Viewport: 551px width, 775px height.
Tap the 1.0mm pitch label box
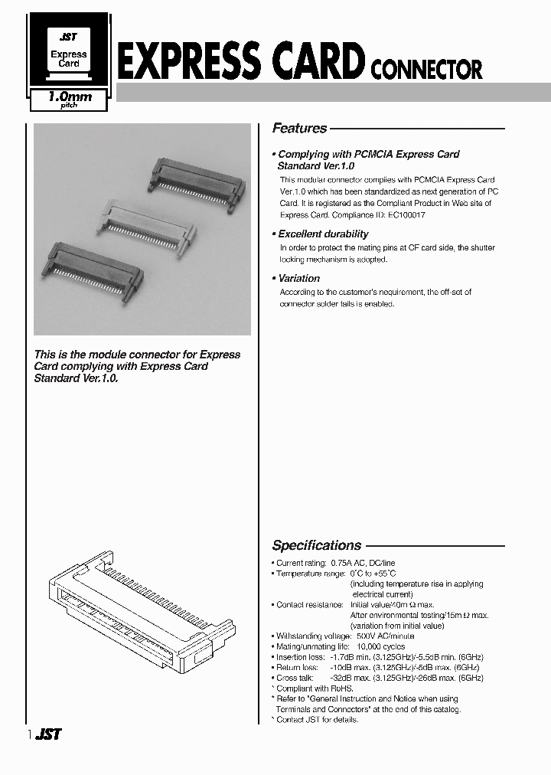click(70, 100)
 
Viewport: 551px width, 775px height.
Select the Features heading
click(300, 129)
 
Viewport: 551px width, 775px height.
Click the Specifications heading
click(317, 546)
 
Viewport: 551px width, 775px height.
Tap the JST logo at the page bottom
click(48, 734)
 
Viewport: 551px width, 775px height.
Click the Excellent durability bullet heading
click(323, 234)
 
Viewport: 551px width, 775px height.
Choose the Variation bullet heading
click(299, 279)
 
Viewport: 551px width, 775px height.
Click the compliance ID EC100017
click(406, 215)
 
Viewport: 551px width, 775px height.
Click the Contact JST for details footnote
click(317, 720)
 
